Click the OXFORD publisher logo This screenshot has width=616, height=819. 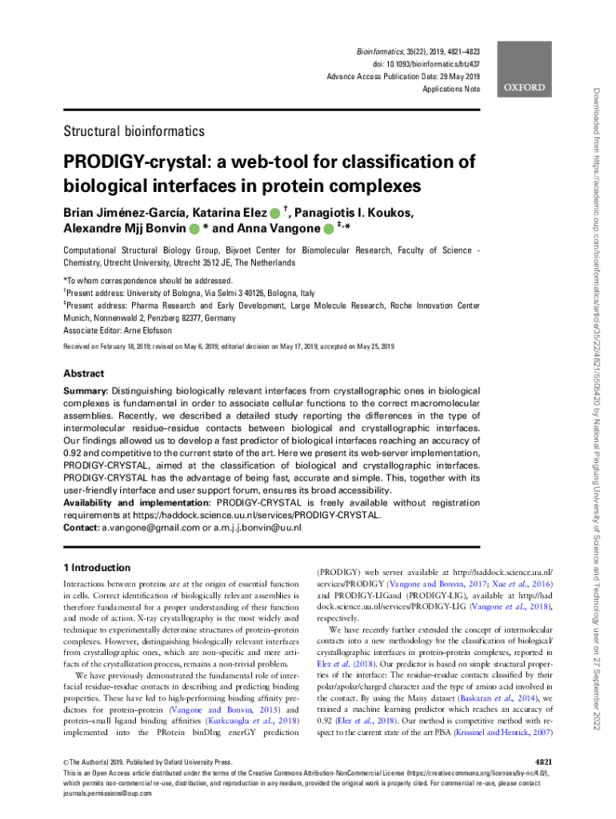coord(524,87)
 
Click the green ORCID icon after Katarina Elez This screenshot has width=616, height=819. coord(275,214)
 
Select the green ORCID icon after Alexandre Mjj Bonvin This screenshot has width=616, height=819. coord(194,230)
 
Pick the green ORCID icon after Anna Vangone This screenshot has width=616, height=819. coord(330,230)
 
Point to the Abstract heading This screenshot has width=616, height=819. coord(83,374)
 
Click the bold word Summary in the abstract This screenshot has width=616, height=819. coord(85,390)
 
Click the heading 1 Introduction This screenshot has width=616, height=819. coord(96,568)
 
